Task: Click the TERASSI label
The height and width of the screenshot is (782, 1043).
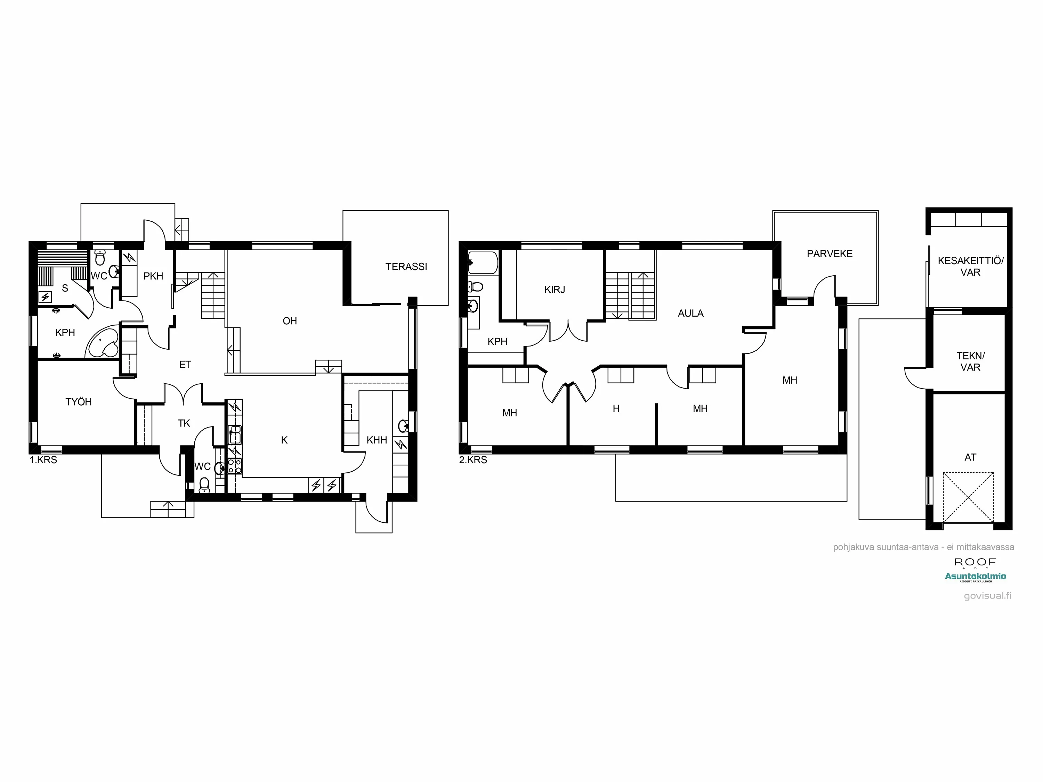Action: point(406,267)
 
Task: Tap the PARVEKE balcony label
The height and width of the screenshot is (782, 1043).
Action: point(830,254)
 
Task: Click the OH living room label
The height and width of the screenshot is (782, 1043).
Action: point(290,321)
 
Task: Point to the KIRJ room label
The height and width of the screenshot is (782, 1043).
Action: point(555,290)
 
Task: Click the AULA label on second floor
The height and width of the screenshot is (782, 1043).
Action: point(690,313)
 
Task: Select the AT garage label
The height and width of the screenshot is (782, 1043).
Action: point(970,457)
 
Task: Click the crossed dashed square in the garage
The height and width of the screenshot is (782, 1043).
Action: point(968,497)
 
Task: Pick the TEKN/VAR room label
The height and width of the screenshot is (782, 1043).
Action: point(970,361)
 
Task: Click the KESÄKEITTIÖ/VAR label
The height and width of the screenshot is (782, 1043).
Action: point(970,266)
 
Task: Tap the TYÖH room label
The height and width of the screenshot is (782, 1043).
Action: point(78,402)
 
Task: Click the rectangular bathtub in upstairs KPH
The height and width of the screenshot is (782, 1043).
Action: point(483,262)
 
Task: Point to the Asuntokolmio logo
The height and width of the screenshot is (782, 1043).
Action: point(975,576)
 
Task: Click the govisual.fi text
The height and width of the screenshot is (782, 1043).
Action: point(987,596)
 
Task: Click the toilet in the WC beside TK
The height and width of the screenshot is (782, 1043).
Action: point(204,484)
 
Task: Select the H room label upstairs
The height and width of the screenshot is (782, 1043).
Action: point(616,409)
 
